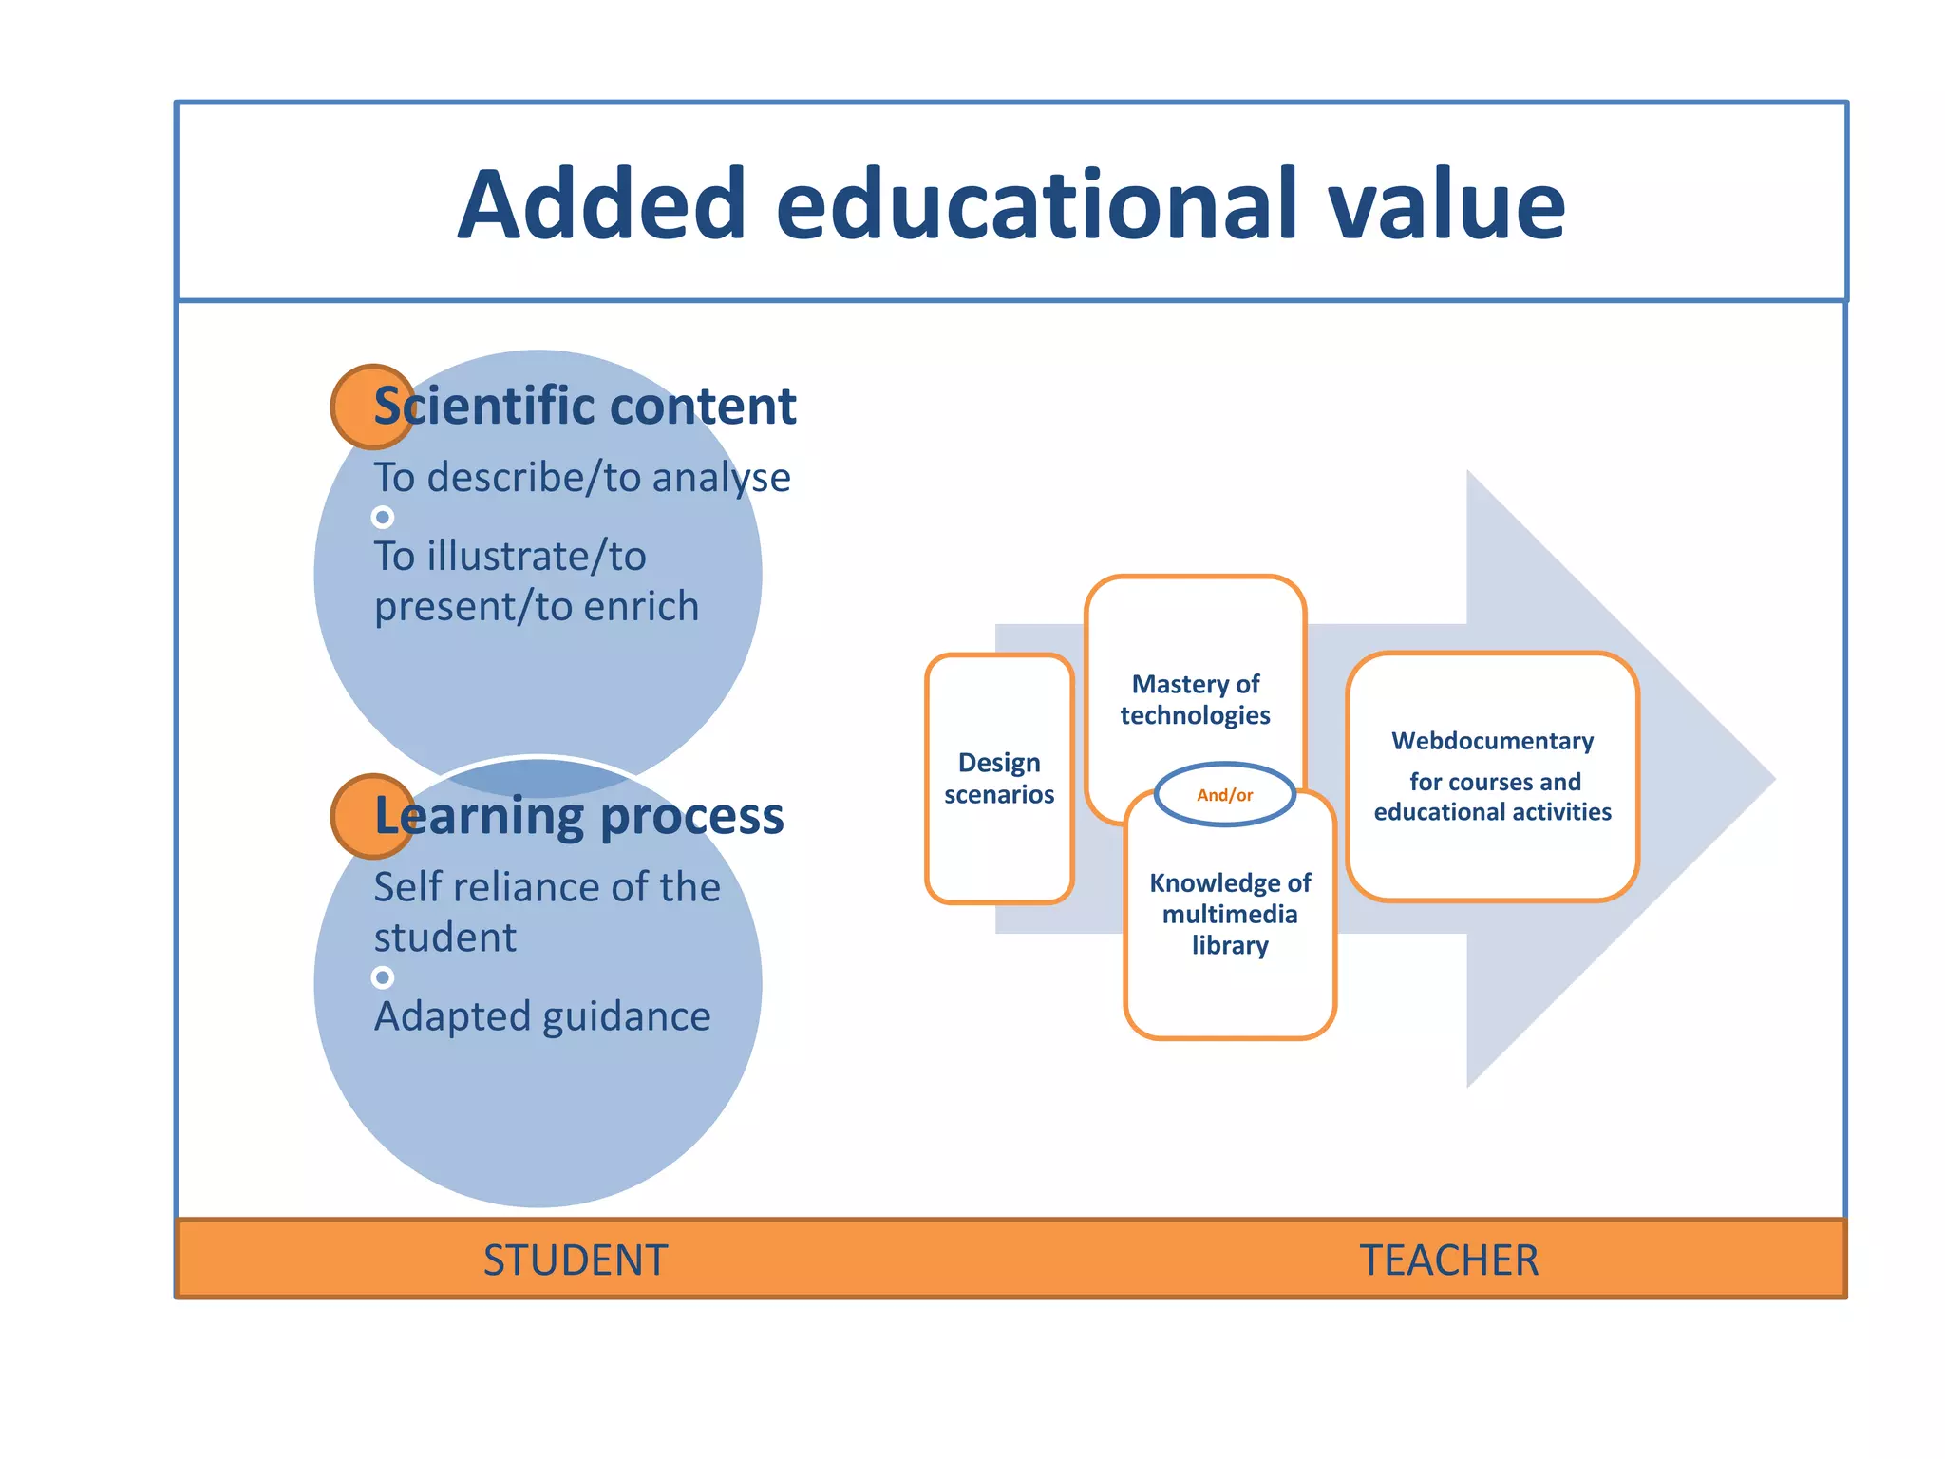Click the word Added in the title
click(x=602, y=204)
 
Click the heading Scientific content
click(x=585, y=407)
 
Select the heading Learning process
click(x=579, y=816)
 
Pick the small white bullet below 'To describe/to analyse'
click(x=383, y=518)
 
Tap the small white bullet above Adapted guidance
click(x=383, y=977)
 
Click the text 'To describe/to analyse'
click(x=581, y=477)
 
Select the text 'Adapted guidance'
click(x=542, y=1016)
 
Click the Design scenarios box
click(x=999, y=779)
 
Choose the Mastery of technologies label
click(x=1196, y=699)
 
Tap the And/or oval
click(x=1225, y=795)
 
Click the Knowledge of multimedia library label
click(x=1230, y=914)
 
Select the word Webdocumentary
click(x=1493, y=741)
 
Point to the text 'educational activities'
click(x=1493, y=812)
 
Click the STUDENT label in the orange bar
click(x=576, y=1260)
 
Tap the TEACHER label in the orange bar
click(x=1449, y=1260)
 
